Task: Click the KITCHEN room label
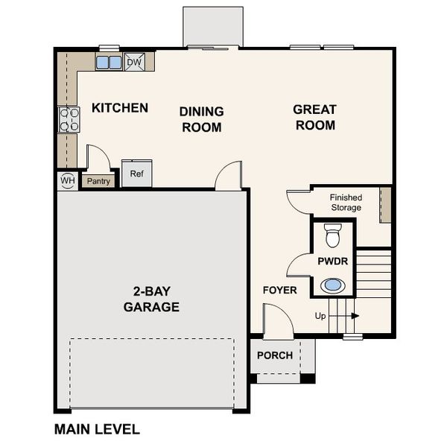click(119, 108)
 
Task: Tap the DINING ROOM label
click(201, 119)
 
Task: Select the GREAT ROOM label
click(315, 117)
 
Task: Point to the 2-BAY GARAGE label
click(151, 299)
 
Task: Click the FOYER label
click(280, 290)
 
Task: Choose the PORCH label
click(275, 355)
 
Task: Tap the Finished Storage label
click(346, 202)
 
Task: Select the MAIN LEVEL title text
click(97, 429)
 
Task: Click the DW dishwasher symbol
click(134, 63)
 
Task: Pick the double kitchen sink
click(109, 63)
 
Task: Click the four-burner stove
click(69, 119)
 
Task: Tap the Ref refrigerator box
click(136, 174)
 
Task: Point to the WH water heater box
click(67, 180)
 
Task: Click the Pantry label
click(98, 181)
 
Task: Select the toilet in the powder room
click(333, 235)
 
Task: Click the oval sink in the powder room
click(333, 285)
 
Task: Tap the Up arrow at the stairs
click(337, 316)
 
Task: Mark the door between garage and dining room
click(228, 177)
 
